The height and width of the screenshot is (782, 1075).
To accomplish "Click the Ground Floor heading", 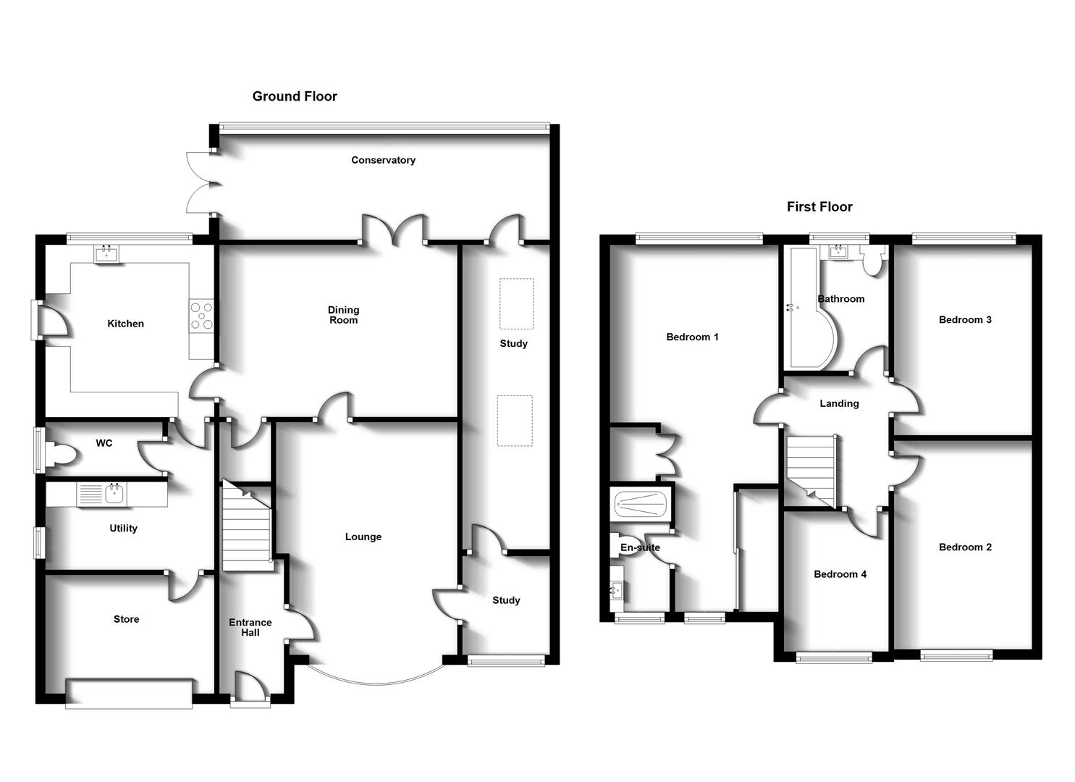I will pyautogui.click(x=295, y=96).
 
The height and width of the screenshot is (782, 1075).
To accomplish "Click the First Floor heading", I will pyautogui.click(x=819, y=207).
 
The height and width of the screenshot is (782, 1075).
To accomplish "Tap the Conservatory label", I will pyautogui.click(x=383, y=160).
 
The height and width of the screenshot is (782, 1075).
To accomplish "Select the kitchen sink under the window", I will pyautogui.click(x=106, y=253).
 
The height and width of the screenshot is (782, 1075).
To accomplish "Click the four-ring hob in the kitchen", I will pyautogui.click(x=202, y=316).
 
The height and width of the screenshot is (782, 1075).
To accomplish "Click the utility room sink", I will pyautogui.click(x=114, y=495).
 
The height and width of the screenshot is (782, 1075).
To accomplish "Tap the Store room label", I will pyautogui.click(x=126, y=619).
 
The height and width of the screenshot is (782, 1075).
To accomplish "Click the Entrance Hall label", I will pyautogui.click(x=250, y=627).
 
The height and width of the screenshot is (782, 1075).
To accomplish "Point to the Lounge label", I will pyautogui.click(x=363, y=537).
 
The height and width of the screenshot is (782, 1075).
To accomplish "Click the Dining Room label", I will pyautogui.click(x=343, y=315).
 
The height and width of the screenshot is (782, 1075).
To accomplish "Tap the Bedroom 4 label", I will pyautogui.click(x=840, y=574).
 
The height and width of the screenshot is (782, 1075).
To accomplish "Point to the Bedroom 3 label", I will pyautogui.click(x=965, y=319).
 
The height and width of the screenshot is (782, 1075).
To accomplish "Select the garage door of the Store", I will pyautogui.click(x=129, y=693).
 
